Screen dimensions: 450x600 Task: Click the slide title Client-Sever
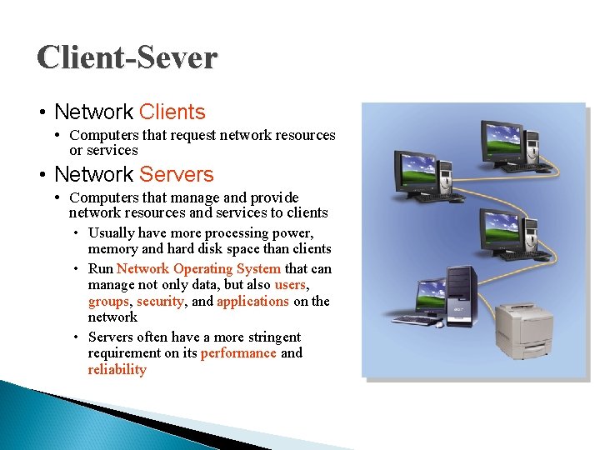pos(127,57)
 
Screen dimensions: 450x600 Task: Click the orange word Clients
pos(172,112)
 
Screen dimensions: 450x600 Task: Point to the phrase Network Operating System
pos(198,268)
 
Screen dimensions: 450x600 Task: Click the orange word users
pos(290,285)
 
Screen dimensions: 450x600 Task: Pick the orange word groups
pos(108,301)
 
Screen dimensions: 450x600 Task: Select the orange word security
pos(160,301)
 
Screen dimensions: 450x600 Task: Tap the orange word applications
pos(252,301)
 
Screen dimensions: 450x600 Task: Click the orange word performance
pos(238,352)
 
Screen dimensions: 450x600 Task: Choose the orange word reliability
pos(117,369)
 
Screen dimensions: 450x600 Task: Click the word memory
pos(112,248)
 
